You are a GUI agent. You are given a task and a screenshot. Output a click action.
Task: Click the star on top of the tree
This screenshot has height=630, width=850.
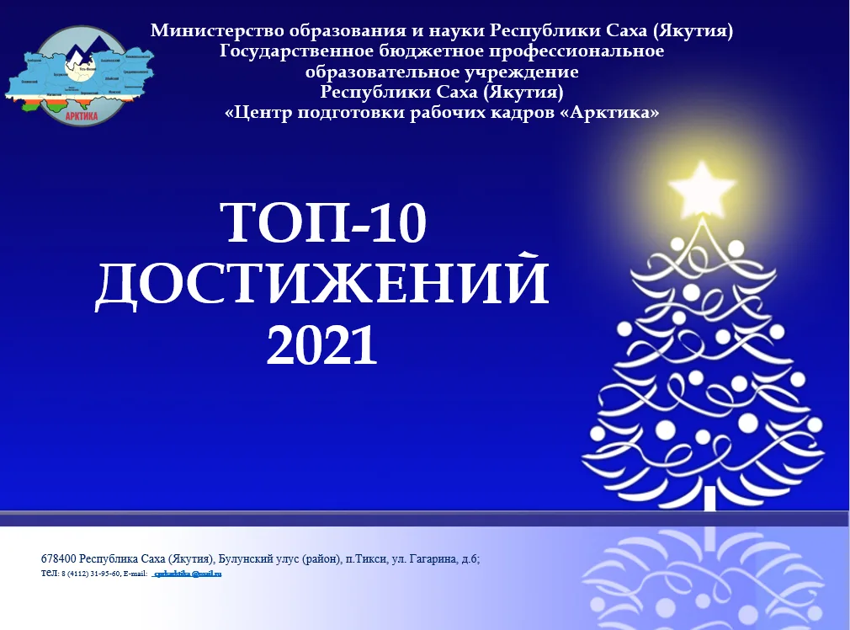[700, 186]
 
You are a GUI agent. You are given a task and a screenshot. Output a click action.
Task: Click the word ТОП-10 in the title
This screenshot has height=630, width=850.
[324, 224]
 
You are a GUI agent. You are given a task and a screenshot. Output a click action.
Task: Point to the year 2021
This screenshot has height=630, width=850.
[321, 344]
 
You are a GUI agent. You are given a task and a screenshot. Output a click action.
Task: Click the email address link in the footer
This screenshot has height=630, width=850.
[186, 574]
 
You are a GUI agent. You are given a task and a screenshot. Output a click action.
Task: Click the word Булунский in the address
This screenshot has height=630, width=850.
[247, 558]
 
